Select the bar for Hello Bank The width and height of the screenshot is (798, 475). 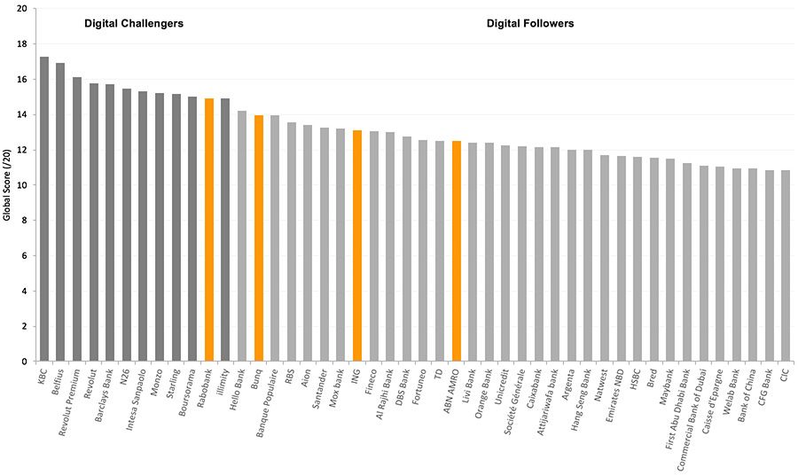pos(241,237)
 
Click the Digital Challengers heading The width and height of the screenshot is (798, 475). pos(134,24)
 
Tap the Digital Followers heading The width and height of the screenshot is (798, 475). pos(530,24)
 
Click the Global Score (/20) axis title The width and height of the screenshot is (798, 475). pos(8,185)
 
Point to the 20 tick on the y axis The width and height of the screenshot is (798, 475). pos(20,9)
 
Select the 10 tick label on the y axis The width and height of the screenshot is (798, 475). pos(20,185)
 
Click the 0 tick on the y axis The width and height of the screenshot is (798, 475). pos(23,362)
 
